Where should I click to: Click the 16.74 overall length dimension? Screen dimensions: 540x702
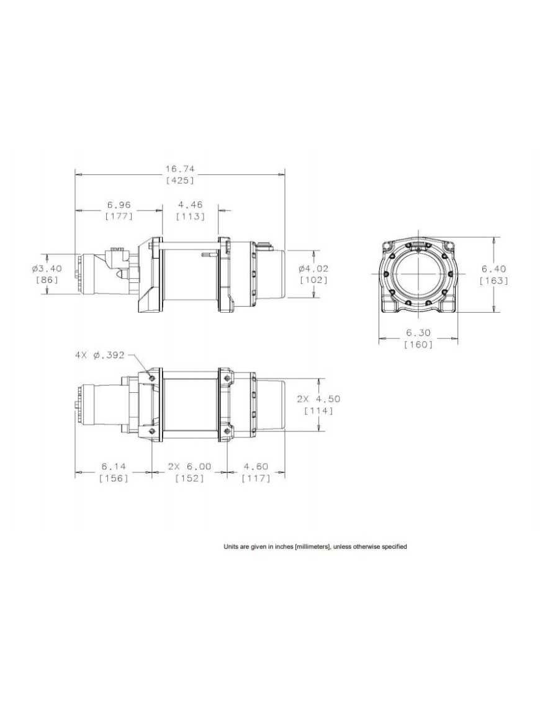[x=180, y=169]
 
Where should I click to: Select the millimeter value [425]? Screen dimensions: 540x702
[x=180, y=181]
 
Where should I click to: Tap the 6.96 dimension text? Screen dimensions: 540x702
[x=119, y=205]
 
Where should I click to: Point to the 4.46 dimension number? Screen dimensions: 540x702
[x=191, y=205]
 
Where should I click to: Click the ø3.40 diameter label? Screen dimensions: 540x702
[x=47, y=269]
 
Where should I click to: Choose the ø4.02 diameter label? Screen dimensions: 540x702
[x=313, y=269]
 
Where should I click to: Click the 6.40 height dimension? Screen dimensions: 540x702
[x=494, y=269]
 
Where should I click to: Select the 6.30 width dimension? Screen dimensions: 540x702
[x=418, y=333]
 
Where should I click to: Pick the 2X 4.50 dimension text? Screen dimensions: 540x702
[x=318, y=398]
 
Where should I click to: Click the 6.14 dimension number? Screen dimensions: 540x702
[x=114, y=466]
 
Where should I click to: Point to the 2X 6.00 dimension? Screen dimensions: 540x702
[x=189, y=466]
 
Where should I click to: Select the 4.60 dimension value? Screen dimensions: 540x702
[x=256, y=466]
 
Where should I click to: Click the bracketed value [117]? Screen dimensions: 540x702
[x=256, y=478]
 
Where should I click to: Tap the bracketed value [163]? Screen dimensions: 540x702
[x=494, y=281]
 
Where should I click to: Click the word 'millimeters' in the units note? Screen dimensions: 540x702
[x=313, y=547]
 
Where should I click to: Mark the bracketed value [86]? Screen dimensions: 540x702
[x=47, y=281]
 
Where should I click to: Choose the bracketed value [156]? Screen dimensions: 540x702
[x=114, y=478]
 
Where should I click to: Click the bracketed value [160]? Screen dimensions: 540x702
[x=418, y=344]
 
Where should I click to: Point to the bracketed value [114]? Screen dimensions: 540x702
[x=318, y=410]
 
